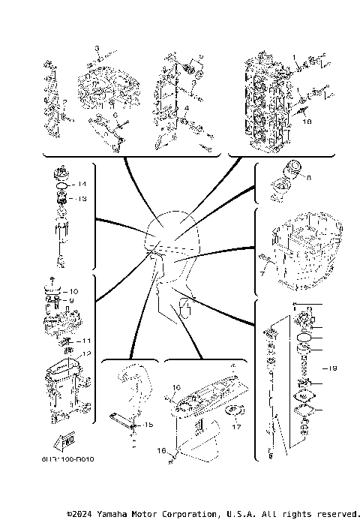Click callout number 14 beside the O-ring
(82, 184)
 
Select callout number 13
(82, 199)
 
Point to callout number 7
(262, 274)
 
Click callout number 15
(148, 425)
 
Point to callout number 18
(306, 119)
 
